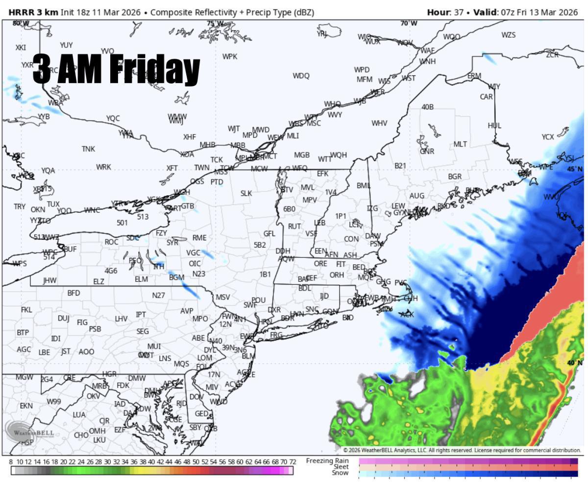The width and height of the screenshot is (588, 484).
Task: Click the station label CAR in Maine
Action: tap(486, 97)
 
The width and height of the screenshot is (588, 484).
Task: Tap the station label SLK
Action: tap(246, 193)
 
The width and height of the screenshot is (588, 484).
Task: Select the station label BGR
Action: tap(455, 177)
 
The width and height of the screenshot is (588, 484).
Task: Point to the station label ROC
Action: tap(111, 242)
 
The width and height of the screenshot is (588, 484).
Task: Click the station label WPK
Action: tap(229, 57)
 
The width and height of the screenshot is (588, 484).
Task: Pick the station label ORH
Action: tap(337, 275)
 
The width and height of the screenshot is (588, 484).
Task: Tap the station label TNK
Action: tap(88, 149)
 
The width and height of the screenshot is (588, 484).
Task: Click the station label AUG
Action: tap(416, 196)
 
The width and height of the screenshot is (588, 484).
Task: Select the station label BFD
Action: tap(73, 293)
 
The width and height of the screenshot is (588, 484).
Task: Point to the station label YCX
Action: tap(548, 137)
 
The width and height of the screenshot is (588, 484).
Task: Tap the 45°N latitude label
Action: tap(575, 169)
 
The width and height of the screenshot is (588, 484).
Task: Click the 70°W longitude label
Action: tap(409, 23)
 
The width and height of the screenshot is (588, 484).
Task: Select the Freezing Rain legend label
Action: tap(327, 461)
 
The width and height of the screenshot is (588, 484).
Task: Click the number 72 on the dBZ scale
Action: tap(293, 461)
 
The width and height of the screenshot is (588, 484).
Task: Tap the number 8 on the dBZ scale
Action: tap(11, 461)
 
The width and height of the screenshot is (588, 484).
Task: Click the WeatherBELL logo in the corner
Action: tap(29, 431)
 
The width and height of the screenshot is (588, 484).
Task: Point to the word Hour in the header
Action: tap(437, 12)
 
